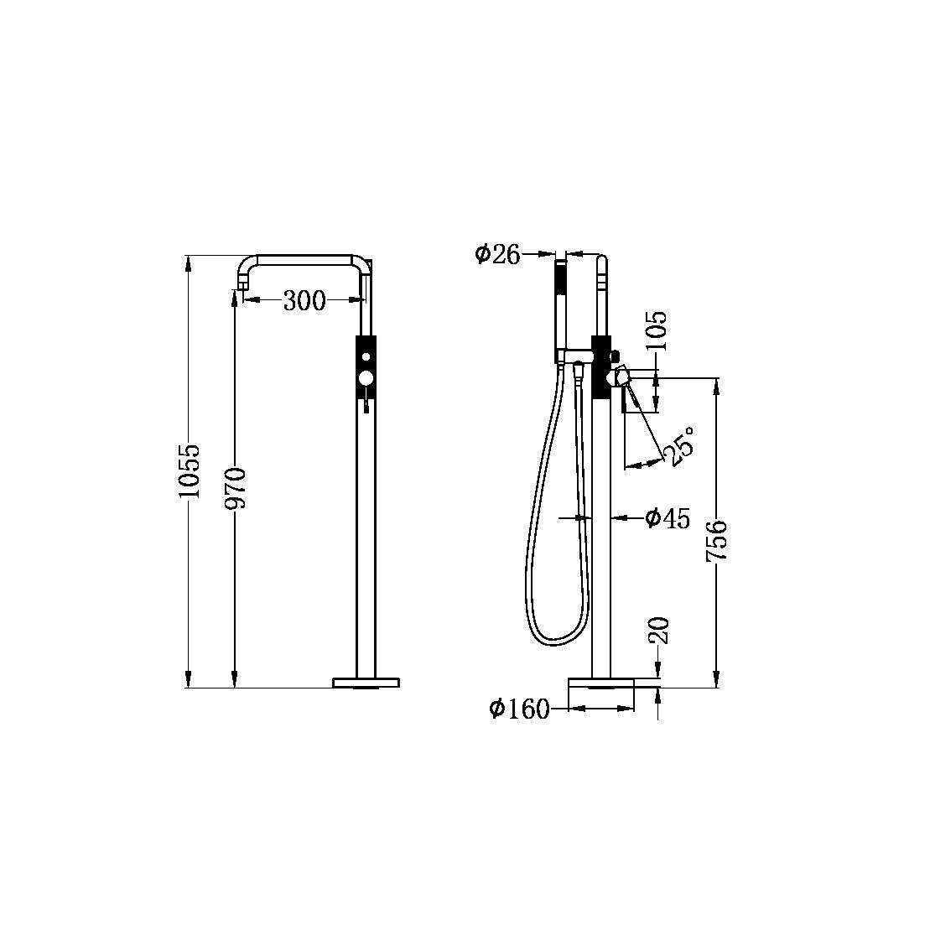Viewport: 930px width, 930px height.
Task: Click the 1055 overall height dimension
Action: coord(190,471)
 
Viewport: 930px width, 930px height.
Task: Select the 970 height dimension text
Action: coord(236,488)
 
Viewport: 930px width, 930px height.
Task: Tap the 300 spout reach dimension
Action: coord(304,300)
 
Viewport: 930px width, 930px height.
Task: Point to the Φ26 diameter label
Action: coord(497,253)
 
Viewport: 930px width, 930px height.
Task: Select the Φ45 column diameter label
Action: coord(668,519)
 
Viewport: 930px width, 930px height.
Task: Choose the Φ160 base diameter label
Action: coord(520,709)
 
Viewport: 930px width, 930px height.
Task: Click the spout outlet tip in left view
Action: coord(242,288)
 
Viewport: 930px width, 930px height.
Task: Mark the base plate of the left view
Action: coord(366,683)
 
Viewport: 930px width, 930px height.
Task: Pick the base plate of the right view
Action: coord(601,683)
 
